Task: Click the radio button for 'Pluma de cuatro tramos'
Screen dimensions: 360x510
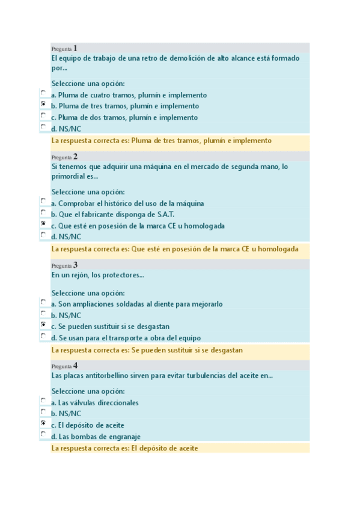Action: click(x=43, y=93)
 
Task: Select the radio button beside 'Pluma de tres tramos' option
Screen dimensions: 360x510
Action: click(x=43, y=104)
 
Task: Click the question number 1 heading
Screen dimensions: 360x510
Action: click(x=64, y=48)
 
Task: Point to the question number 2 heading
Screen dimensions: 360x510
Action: click(x=64, y=156)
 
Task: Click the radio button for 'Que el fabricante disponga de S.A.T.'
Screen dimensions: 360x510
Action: click(x=43, y=212)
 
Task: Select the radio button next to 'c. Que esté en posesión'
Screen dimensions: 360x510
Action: click(x=43, y=223)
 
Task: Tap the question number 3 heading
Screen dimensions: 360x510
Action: click(x=64, y=265)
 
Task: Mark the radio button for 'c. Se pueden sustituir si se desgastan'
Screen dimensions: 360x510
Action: click(x=43, y=324)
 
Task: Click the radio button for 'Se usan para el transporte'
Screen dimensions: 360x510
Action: click(x=43, y=336)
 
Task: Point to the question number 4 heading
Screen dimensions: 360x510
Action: click(x=64, y=365)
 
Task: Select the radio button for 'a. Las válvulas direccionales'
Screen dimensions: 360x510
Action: click(x=43, y=400)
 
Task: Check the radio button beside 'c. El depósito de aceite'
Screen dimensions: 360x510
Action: click(x=43, y=423)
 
